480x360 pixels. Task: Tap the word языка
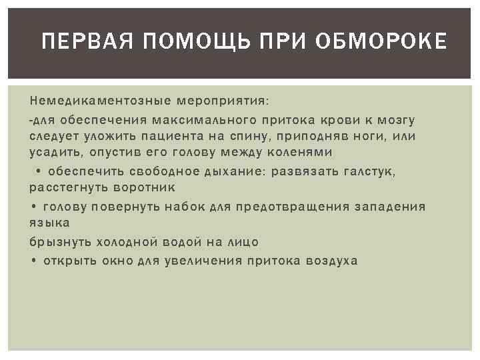[x=49, y=223]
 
